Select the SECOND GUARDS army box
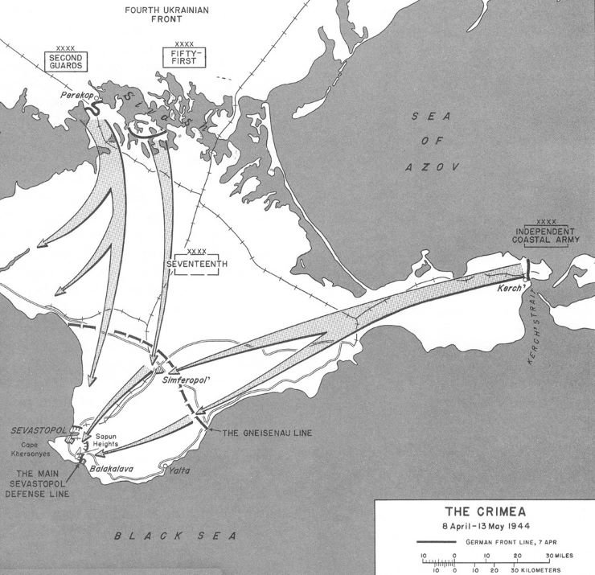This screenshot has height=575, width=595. (x=66, y=64)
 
